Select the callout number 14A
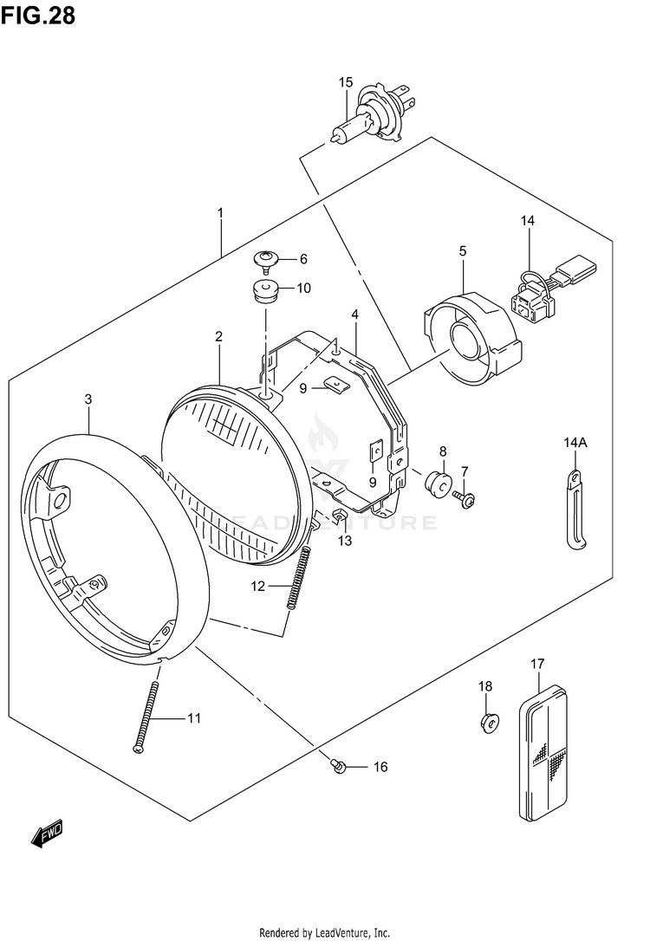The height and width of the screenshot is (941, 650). [575, 444]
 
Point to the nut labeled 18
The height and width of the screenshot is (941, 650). [489, 721]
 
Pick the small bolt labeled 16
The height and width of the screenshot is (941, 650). [339, 765]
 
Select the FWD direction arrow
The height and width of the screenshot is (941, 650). [47, 833]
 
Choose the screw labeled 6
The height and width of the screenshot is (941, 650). [266, 259]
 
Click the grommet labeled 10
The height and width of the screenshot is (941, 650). [264, 289]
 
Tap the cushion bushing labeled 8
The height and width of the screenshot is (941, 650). [438, 482]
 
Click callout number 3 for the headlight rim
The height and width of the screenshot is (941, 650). [88, 399]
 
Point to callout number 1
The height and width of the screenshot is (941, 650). [221, 213]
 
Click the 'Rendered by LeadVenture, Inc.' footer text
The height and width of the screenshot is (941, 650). [325, 931]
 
